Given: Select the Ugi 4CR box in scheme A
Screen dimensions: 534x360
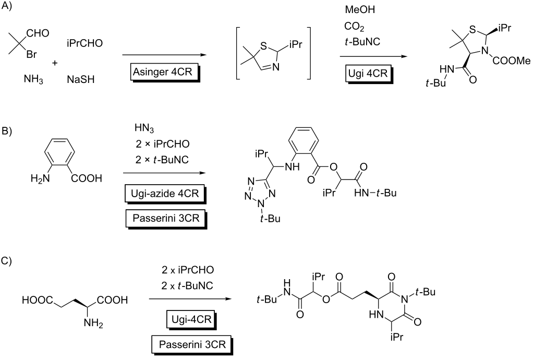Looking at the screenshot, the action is pyautogui.click(x=369, y=74).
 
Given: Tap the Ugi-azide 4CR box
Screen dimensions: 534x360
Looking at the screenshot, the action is pyautogui.click(x=165, y=194).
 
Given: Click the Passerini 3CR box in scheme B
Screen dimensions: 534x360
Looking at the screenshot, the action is pyautogui.click(x=166, y=219).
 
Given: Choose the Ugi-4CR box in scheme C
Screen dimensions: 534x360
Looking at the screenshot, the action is pyautogui.click(x=192, y=320).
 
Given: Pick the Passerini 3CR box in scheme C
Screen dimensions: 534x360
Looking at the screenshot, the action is pyautogui.click(x=192, y=345).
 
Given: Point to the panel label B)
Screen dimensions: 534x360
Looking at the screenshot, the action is pyautogui.click(x=6, y=131).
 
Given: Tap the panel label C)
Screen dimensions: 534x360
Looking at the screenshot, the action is pyautogui.click(x=6, y=261).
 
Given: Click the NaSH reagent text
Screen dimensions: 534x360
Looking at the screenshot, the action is pyautogui.click(x=81, y=80).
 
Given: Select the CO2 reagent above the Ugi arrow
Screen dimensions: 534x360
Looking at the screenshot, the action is pyautogui.click(x=354, y=27).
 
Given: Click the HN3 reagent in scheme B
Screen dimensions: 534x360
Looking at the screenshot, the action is pyautogui.click(x=144, y=129).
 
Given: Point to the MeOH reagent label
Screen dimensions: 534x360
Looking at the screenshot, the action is pyautogui.click(x=360, y=9).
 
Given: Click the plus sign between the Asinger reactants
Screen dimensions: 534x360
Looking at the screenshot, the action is pyautogui.click(x=55, y=63).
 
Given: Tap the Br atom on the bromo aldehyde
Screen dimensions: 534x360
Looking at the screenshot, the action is pyautogui.click(x=32, y=54).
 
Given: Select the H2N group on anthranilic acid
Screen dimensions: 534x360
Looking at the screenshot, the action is pyautogui.click(x=40, y=178).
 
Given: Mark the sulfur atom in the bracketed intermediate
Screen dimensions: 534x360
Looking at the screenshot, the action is pyautogui.click(x=263, y=45).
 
